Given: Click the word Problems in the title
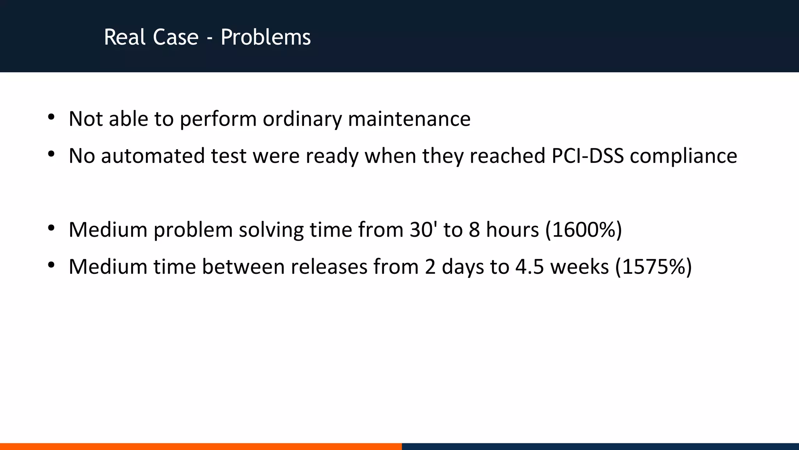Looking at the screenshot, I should click(x=266, y=37).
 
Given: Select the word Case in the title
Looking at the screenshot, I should click(x=176, y=37).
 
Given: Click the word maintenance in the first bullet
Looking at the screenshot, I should click(x=409, y=119).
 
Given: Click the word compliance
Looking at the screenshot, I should click(x=684, y=156).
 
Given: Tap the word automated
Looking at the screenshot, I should click(x=153, y=155).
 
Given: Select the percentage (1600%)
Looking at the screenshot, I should click(x=583, y=230).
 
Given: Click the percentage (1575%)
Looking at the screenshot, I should click(x=653, y=267).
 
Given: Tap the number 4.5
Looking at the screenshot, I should click(x=529, y=267).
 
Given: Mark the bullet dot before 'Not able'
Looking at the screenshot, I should click(x=51, y=117).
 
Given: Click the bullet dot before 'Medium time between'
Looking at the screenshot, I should click(x=51, y=265).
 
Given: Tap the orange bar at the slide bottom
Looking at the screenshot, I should click(x=201, y=446).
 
